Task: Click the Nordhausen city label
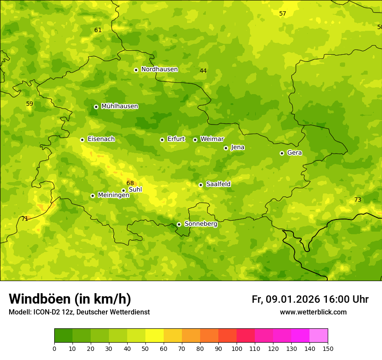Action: click(x=159, y=69)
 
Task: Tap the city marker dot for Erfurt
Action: click(x=162, y=140)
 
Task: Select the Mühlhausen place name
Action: click(x=119, y=106)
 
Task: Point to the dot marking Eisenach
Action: click(x=82, y=140)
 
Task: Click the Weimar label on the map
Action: click(x=212, y=139)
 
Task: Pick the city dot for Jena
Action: click(x=226, y=148)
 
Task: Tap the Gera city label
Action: click(x=294, y=153)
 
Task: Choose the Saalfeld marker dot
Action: click(x=201, y=185)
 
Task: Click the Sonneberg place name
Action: click(x=201, y=224)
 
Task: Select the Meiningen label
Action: click(x=113, y=195)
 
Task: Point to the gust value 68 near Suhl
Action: click(x=130, y=183)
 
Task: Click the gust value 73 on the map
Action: click(x=358, y=200)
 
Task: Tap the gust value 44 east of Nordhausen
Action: click(x=203, y=71)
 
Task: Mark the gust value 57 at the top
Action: click(x=283, y=13)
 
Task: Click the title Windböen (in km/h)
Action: click(x=70, y=299)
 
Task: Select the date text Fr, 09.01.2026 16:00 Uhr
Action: click(x=310, y=299)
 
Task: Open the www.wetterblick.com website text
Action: click(x=313, y=312)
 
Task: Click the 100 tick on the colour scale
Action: click(x=237, y=348)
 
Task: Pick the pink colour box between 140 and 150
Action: click(x=319, y=335)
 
